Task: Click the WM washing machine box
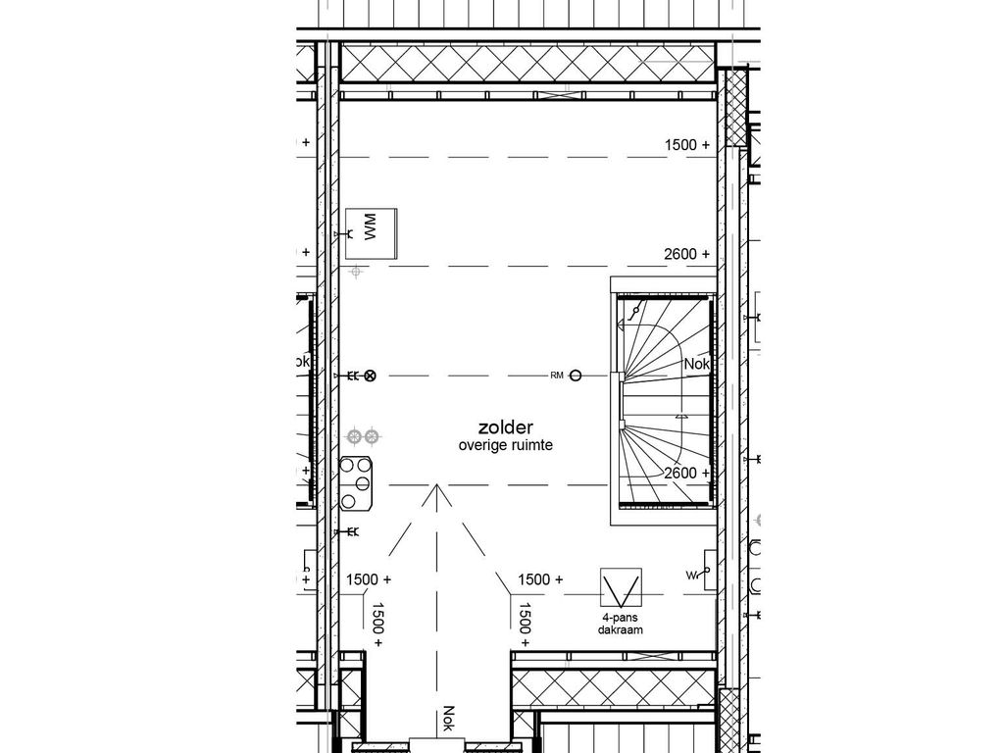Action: pyautogui.click(x=371, y=233)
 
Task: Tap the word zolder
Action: pyautogui.click(x=505, y=427)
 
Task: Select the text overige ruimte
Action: pyautogui.click(x=505, y=445)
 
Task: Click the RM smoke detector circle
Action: pyautogui.click(x=576, y=375)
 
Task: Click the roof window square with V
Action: pyautogui.click(x=621, y=588)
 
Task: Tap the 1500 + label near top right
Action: pyautogui.click(x=686, y=144)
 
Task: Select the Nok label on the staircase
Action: pyautogui.click(x=696, y=364)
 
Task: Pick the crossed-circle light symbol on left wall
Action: pyautogui.click(x=371, y=376)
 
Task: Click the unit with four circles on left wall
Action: pyautogui.click(x=358, y=483)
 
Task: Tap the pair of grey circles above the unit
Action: pyautogui.click(x=364, y=435)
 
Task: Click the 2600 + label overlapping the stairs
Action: pyautogui.click(x=686, y=473)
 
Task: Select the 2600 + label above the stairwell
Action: pyautogui.click(x=686, y=254)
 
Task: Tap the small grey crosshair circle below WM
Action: pyautogui.click(x=358, y=270)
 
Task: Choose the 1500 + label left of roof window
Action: pyautogui.click(x=540, y=579)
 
